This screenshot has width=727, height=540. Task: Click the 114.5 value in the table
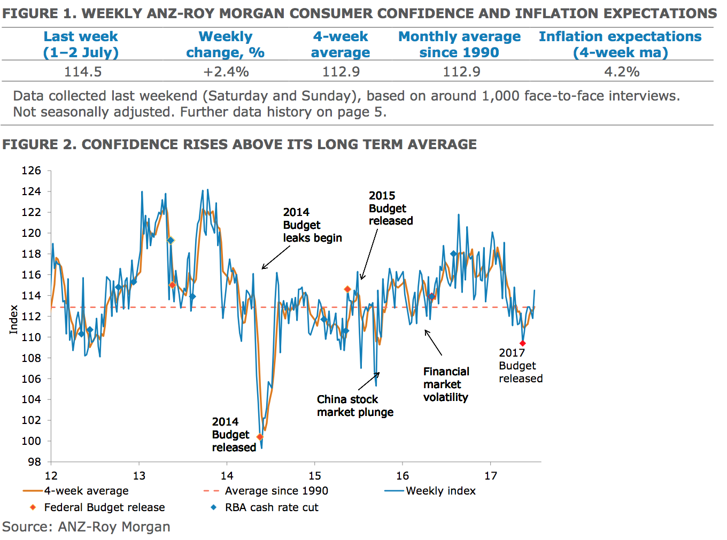(x=83, y=72)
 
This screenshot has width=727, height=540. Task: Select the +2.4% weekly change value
(x=226, y=72)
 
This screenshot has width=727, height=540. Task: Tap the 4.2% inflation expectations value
(x=622, y=72)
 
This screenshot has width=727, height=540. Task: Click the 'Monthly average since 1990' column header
(x=459, y=44)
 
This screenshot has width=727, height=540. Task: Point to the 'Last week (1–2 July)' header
(x=81, y=44)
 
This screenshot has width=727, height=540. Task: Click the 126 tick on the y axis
(x=31, y=171)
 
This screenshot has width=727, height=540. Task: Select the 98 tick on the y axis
(x=34, y=461)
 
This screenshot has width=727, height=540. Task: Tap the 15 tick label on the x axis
(x=315, y=476)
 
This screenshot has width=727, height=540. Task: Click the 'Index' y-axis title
(x=14, y=320)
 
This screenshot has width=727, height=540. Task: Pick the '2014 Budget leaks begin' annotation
(x=312, y=225)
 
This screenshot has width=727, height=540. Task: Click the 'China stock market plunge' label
(x=355, y=406)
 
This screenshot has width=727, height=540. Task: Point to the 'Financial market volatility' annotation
(x=446, y=384)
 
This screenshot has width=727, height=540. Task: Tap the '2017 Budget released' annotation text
(x=521, y=366)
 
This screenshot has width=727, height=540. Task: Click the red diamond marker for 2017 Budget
(x=523, y=343)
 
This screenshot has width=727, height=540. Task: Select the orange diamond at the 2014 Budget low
(x=260, y=437)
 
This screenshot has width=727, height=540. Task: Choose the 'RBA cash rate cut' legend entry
(x=271, y=507)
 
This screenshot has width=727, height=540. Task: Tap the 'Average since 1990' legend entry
(x=276, y=491)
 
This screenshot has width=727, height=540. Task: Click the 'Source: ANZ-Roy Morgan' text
(x=86, y=527)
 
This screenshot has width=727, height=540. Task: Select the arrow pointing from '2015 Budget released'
(x=369, y=254)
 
